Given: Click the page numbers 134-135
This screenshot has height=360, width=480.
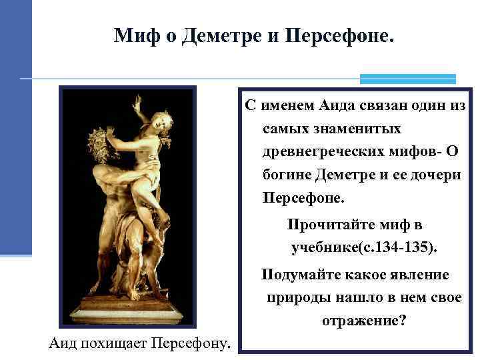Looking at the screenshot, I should point(407,249).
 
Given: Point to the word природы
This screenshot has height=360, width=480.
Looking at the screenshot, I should point(293,297).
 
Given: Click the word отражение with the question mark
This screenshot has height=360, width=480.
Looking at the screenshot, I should point(364,321).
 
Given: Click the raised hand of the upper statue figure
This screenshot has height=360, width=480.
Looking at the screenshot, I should point(137,101).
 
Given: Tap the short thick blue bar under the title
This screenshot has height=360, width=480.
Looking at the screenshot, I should point(407,79).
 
